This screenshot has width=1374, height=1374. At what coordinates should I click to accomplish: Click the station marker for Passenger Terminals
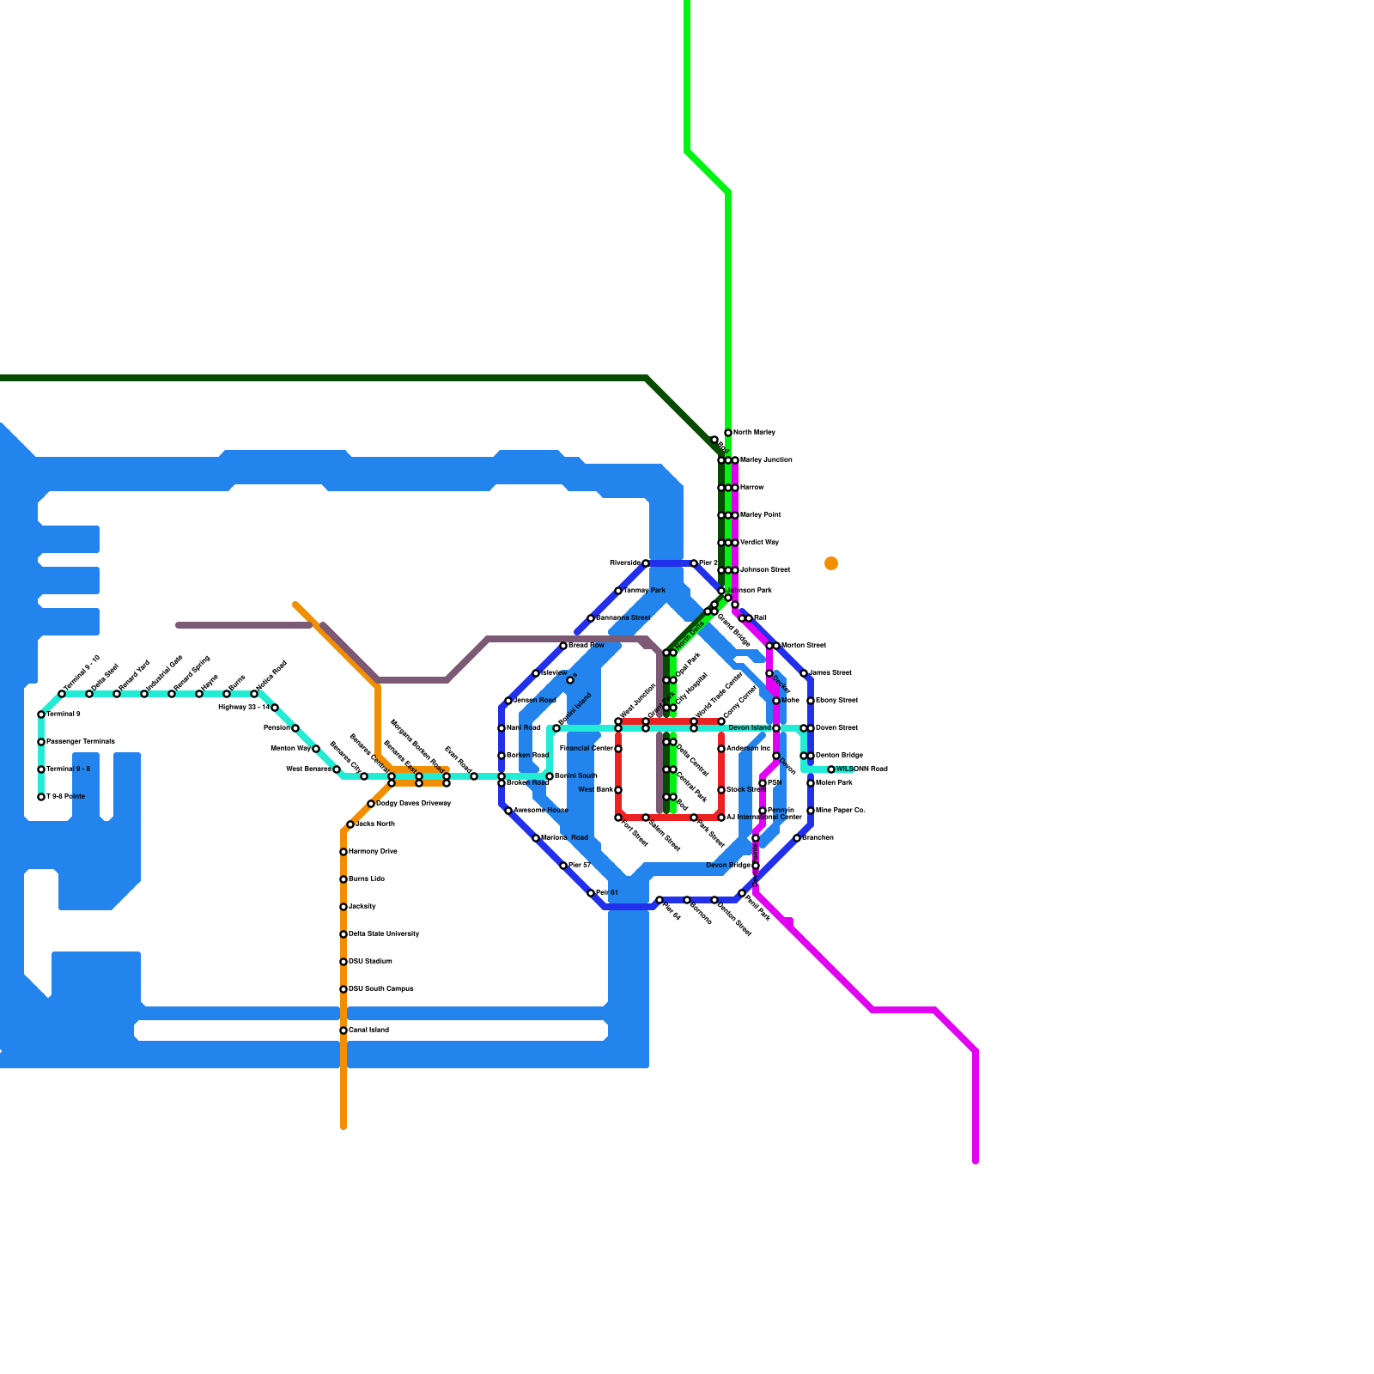click(41, 742)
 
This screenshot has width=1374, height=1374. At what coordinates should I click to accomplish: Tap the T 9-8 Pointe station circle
click(41, 797)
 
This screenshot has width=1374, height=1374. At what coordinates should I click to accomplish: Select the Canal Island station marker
click(343, 1030)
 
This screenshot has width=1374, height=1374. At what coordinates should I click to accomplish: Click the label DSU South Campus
click(381, 989)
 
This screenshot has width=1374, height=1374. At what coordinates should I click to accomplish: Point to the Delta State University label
click(384, 934)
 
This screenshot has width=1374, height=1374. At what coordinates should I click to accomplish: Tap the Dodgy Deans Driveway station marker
click(371, 804)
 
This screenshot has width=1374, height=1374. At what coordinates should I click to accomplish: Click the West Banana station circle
click(337, 769)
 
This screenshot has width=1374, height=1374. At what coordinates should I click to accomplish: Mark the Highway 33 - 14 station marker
click(275, 708)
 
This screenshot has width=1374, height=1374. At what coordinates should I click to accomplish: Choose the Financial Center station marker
click(618, 749)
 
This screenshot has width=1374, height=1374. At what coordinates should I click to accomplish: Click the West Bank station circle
click(618, 790)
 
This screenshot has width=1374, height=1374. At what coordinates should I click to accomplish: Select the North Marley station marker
click(728, 433)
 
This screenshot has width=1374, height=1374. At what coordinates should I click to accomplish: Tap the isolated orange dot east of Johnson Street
click(831, 563)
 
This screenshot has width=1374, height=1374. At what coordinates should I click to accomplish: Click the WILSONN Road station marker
click(831, 769)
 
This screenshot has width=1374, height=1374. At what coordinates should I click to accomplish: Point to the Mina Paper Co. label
click(841, 811)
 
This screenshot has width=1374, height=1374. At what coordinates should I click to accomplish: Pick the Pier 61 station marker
click(591, 893)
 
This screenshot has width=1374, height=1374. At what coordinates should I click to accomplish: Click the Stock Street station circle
click(721, 790)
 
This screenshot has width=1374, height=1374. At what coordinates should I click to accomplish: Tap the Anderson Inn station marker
click(721, 749)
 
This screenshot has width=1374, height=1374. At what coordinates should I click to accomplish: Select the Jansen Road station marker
click(508, 701)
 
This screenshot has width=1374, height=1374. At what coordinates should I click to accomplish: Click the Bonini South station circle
click(550, 776)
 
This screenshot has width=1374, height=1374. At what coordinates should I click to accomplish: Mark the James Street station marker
click(804, 673)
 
